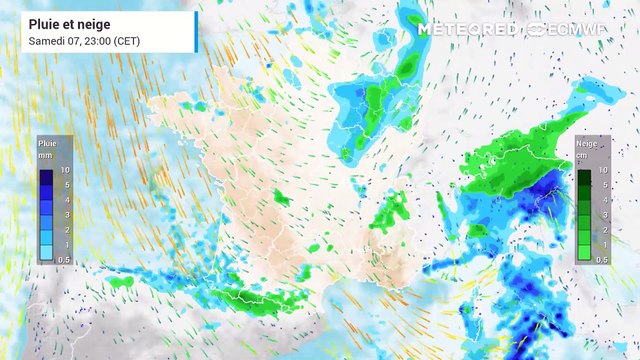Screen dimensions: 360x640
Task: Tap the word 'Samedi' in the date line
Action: (x=45, y=40)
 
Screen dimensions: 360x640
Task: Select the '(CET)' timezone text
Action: (x=126, y=40)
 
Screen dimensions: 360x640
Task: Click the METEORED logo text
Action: (x=469, y=30)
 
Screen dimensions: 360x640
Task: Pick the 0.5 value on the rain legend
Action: (x=65, y=259)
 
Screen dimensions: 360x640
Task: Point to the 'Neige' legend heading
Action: (x=586, y=144)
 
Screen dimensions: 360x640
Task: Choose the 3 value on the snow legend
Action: (x=603, y=214)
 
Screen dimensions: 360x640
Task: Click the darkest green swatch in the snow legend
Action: (x=584, y=178)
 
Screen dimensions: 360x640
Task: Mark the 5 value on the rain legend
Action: (x=66, y=185)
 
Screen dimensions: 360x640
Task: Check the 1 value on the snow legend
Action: (x=603, y=244)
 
